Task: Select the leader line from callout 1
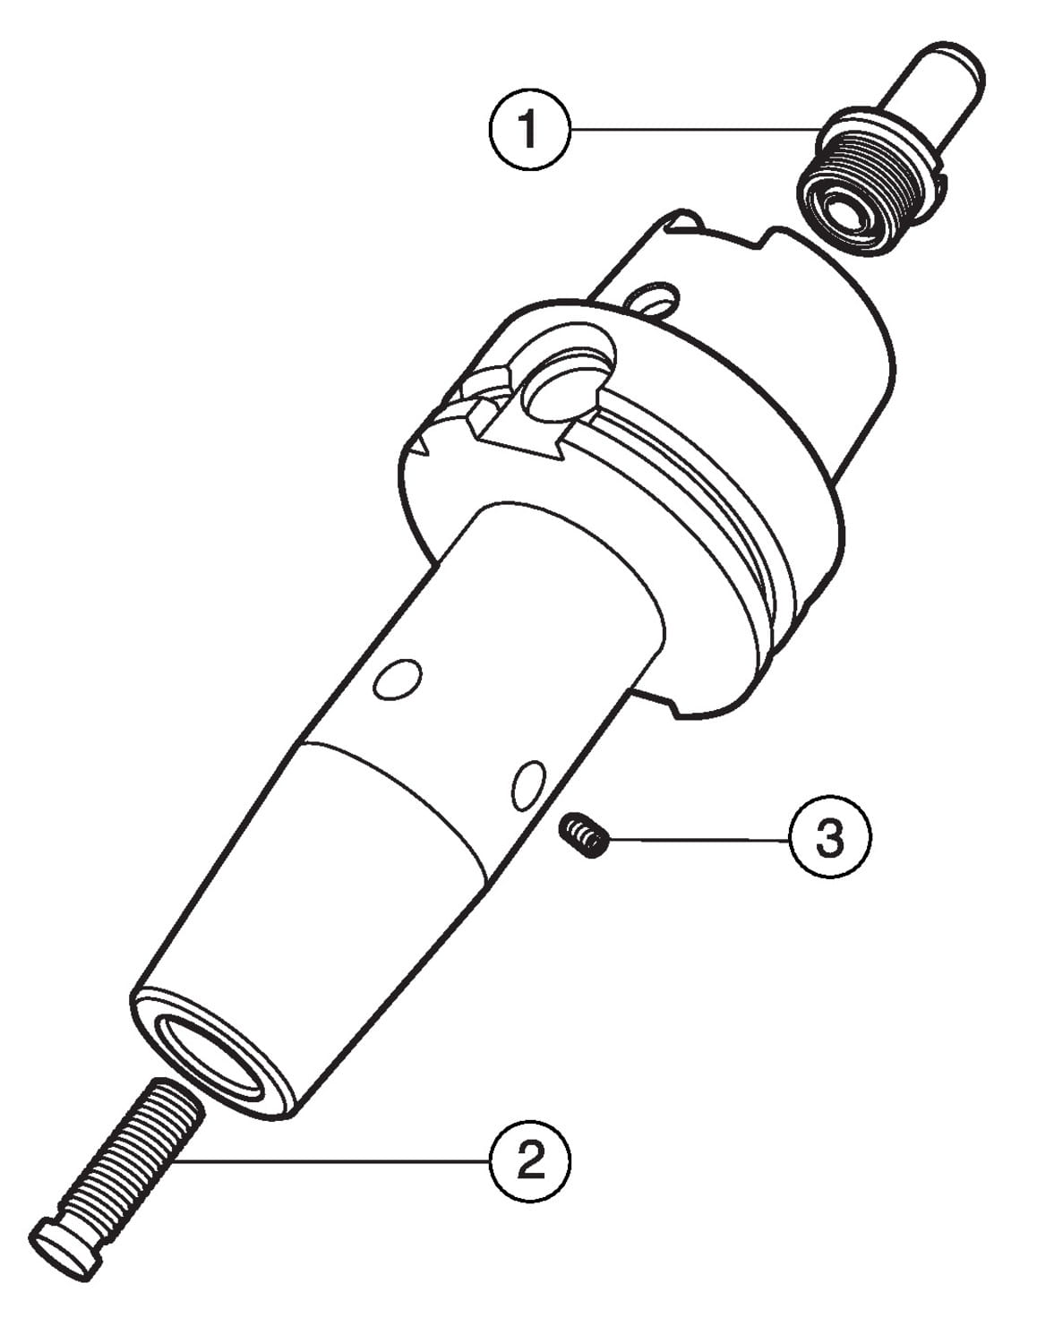(696, 129)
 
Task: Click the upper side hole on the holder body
(399, 680)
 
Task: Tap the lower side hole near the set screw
(529, 785)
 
